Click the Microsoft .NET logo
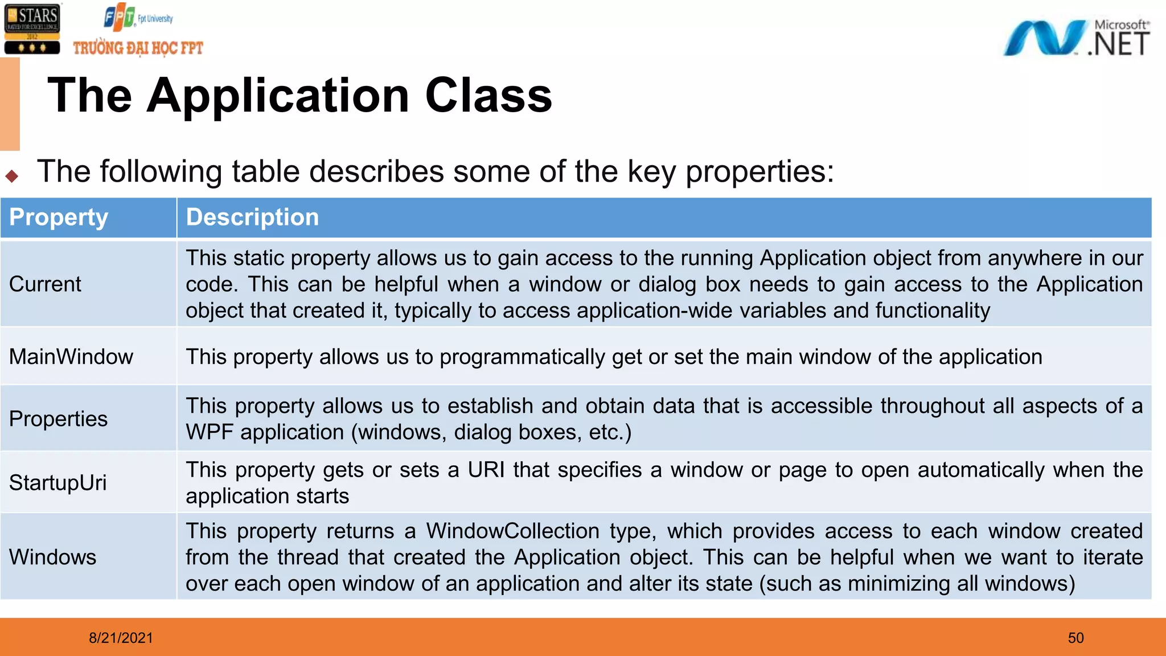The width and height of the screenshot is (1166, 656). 1076,38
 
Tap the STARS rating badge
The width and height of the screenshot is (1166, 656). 32,28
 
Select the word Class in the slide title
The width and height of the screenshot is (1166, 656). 488,95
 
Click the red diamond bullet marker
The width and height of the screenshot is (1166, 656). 12,176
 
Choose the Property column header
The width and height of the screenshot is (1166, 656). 59,218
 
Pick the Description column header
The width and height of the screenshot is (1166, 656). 252,218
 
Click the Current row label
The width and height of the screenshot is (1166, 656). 46,284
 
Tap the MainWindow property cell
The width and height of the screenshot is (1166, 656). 71,357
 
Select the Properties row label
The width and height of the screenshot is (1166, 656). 58,419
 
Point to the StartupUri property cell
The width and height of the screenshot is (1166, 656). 58,483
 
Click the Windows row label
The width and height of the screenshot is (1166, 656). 53,557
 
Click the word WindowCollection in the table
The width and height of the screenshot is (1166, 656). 512,531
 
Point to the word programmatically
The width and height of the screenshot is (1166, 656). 523,358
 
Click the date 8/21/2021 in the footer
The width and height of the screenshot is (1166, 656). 121,638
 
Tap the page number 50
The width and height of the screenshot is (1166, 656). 1075,638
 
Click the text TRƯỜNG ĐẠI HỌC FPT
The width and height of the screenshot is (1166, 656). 138,48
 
